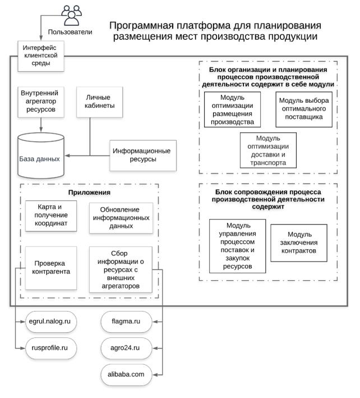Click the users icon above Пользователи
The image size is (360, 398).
[71, 15]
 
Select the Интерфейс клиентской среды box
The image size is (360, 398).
[41, 56]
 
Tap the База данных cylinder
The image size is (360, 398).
[40, 155]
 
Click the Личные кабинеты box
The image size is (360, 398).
[100, 102]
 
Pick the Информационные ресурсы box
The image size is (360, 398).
[143, 155]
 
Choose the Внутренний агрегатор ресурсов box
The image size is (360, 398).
[41, 102]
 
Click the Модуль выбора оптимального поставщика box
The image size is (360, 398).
[304, 109]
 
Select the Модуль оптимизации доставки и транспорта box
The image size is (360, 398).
[268, 150]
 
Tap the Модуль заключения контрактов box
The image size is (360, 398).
[299, 243]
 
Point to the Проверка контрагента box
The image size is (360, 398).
[51, 268]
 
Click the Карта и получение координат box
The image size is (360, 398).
[51, 216]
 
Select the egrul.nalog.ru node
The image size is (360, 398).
[51, 322]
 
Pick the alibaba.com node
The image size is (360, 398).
[126, 374]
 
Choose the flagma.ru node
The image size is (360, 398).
[126, 322]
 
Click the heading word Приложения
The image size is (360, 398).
[89, 193]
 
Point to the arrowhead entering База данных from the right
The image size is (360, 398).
[67, 155]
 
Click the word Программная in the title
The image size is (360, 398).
[142, 26]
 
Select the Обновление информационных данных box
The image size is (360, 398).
[121, 218]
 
